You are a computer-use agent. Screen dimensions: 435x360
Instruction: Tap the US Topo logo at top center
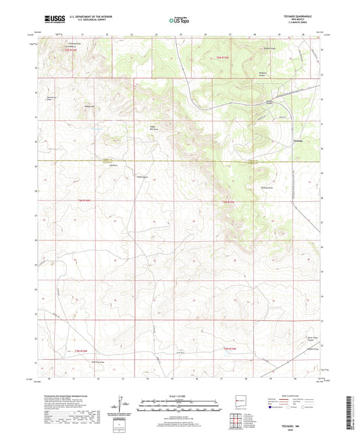pos(178,20)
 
